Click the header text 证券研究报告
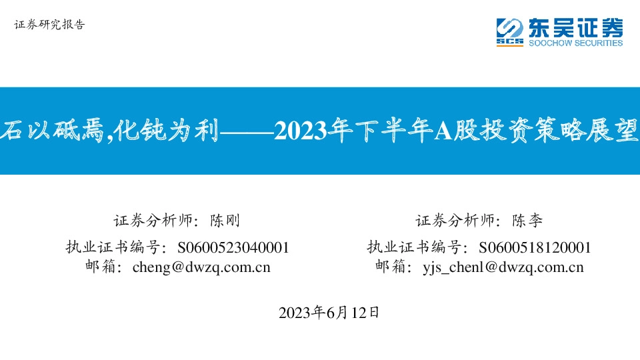point(49,25)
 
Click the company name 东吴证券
point(575,27)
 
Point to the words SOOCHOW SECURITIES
point(575,43)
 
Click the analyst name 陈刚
point(224,221)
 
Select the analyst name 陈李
point(527,221)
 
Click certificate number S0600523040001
point(233,247)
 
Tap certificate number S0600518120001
point(535,247)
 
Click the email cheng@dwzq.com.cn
point(201,267)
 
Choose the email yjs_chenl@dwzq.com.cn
point(503,267)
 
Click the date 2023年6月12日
point(329,312)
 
